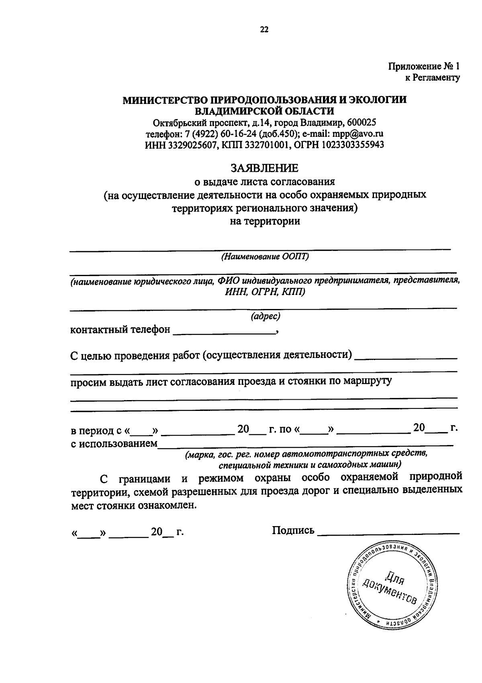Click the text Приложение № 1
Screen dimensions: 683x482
[424, 66]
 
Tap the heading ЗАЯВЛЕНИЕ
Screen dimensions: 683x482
[264, 167]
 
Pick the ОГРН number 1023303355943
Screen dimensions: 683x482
[352, 144]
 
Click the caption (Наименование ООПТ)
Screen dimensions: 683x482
[264, 257]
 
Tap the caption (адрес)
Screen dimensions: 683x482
[265, 317]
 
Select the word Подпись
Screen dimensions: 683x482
[293, 531]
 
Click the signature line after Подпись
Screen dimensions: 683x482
[388, 533]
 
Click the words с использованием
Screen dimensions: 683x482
[114, 444]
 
